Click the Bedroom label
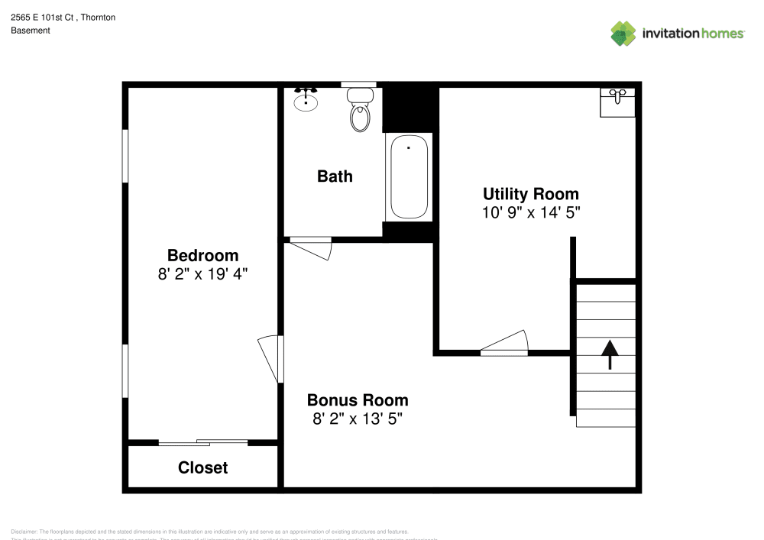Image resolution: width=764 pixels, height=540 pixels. (x=202, y=255)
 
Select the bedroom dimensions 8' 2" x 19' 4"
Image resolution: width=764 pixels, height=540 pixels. (x=202, y=274)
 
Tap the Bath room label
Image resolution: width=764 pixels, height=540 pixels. (x=335, y=176)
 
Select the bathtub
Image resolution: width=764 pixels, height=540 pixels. (x=410, y=177)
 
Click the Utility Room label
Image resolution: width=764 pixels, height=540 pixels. (x=530, y=194)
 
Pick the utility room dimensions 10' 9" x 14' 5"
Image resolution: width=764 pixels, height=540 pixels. (x=530, y=212)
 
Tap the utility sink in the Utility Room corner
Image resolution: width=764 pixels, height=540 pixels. (x=617, y=102)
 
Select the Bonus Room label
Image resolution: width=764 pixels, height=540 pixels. (x=357, y=399)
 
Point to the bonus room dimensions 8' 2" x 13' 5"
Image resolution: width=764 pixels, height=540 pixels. (x=357, y=419)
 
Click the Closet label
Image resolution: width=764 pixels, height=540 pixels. (x=202, y=467)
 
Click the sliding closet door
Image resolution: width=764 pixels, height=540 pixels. (x=202, y=441)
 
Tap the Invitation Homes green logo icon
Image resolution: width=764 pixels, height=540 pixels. (x=623, y=33)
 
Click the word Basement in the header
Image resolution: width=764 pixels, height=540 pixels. (x=31, y=31)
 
